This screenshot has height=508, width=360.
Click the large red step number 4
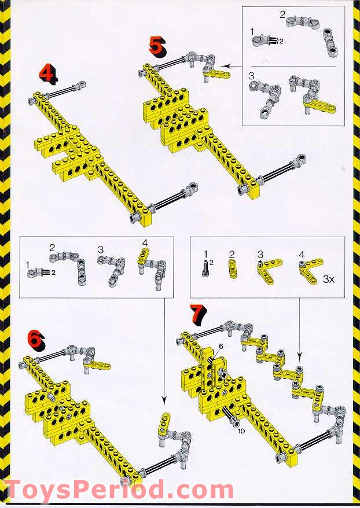coord(47,73)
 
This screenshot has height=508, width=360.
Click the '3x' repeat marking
coord(329,278)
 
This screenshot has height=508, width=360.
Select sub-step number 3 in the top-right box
coord(251,75)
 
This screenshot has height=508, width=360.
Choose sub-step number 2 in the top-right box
coord(282,14)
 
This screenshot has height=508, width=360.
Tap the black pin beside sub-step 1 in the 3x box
coord(205,268)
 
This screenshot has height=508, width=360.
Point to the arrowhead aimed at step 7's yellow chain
coord(299,359)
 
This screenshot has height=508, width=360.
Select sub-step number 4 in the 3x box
coord(301,253)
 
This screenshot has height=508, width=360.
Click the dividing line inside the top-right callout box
coord(295,65)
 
